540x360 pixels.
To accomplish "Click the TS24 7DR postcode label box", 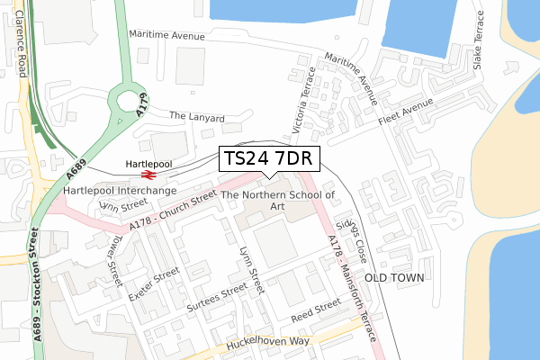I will [x=266, y=158].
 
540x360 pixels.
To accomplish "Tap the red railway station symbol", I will [x=149, y=176].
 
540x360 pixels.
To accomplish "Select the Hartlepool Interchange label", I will [x=120, y=191].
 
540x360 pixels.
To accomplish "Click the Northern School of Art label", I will [x=278, y=200].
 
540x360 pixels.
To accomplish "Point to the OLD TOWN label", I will [x=392, y=278].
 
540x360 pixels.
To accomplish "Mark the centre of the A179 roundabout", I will [x=128, y=103].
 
